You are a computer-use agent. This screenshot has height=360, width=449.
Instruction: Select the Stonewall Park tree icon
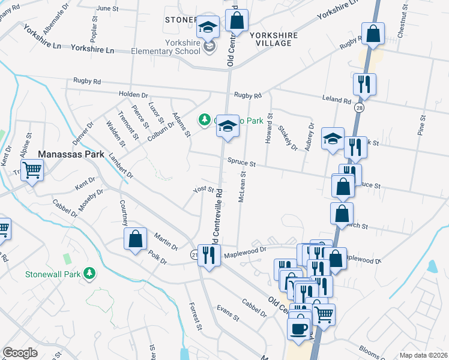[90, 274]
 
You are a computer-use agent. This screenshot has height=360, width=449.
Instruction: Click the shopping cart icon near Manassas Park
[32, 169]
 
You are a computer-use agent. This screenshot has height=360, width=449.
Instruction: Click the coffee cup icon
[299, 328]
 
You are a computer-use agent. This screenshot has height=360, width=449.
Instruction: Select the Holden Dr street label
[133, 95]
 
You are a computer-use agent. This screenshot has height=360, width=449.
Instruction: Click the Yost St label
[203, 190]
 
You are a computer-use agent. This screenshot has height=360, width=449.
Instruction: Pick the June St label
[108, 8]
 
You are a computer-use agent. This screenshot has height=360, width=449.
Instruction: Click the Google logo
[20, 353]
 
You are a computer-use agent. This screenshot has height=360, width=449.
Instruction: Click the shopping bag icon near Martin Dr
[136, 238]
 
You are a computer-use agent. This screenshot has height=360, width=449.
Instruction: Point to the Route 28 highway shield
[358, 107]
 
